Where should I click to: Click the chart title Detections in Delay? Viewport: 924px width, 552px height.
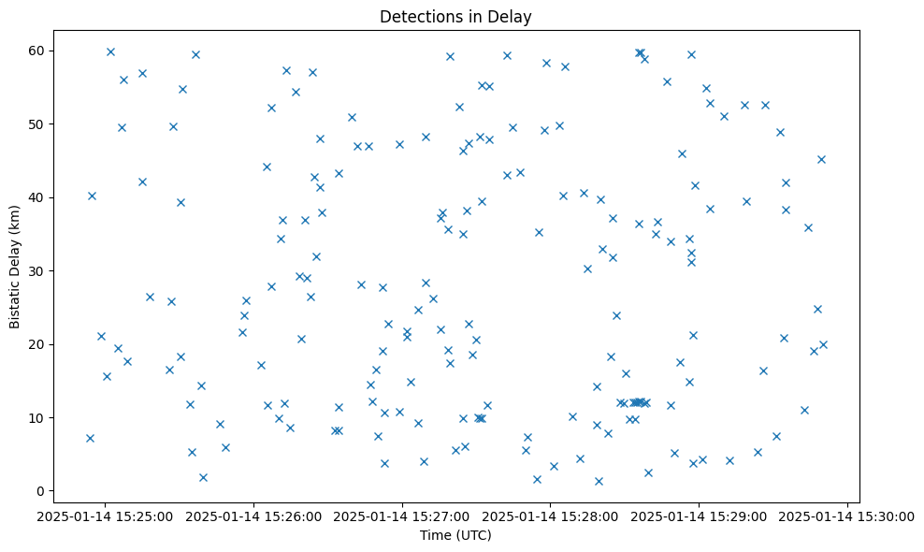click(x=455, y=16)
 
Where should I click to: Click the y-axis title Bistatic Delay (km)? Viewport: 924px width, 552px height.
click(x=15, y=267)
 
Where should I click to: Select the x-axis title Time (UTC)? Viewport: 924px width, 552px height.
click(x=455, y=535)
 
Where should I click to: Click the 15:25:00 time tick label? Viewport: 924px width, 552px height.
click(x=105, y=516)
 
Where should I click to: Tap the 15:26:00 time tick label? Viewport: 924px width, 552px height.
click(x=253, y=516)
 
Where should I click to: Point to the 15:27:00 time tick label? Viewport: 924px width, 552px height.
click(x=402, y=516)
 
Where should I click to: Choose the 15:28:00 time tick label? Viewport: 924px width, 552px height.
click(x=551, y=516)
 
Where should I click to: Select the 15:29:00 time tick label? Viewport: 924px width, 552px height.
click(x=700, y=516)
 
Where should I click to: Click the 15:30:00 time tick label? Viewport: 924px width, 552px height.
click(x=847, y=516)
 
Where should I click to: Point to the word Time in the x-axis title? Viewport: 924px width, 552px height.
click(x=435, y=535)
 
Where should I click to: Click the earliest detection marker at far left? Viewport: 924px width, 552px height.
click(x=90, y=438)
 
